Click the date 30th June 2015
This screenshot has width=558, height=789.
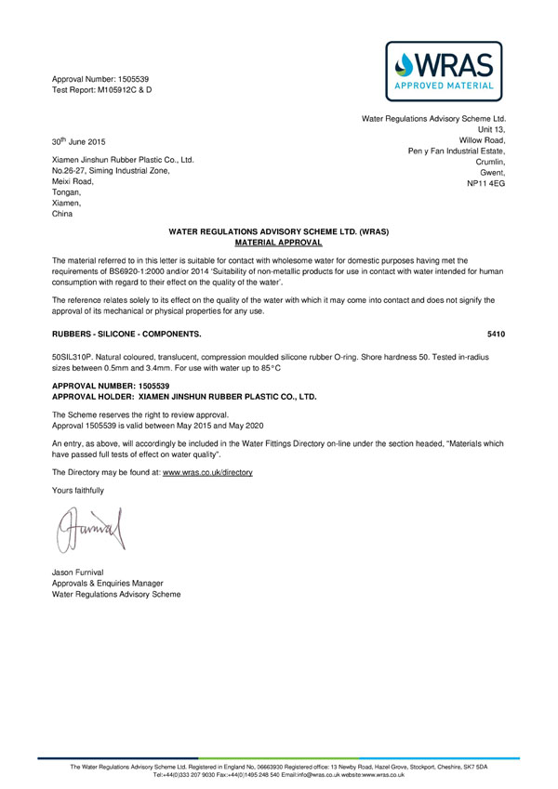tap(79, 141)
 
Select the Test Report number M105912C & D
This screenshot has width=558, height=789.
tap(122, 90)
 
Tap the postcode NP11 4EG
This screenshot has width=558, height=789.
tap(485, 185)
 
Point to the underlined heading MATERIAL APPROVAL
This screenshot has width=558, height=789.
tap(277, 242)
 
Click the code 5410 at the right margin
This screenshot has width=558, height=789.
tap(496, 332)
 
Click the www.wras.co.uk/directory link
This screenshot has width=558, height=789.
tap(207, 472)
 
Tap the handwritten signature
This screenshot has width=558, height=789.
tap(89, 529)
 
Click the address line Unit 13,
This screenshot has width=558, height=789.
tap(491, 130)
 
